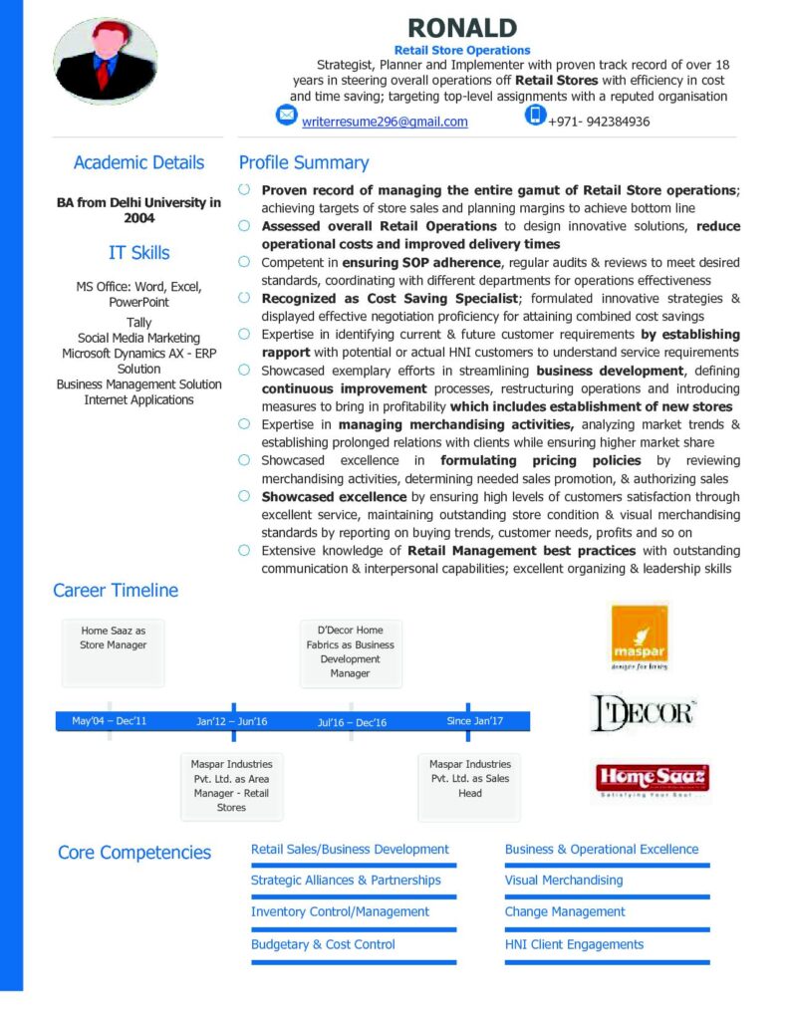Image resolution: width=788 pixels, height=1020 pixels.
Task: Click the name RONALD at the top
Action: click(x=461, y=27)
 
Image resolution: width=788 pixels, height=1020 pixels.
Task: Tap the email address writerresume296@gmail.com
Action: click(x=385, y=122)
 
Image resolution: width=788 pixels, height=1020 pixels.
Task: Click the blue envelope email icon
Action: click(x=287, y=116)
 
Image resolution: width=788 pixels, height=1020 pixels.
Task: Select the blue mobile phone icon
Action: click(x=536, y=116)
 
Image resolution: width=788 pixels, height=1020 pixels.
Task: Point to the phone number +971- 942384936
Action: click(x=599, y=122)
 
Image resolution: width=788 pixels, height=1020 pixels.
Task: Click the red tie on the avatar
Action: click(x=103, y=73)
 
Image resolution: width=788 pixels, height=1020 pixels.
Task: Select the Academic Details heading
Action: click(x=138, y=162)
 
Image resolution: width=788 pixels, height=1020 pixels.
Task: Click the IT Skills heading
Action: click(x=138, y=252)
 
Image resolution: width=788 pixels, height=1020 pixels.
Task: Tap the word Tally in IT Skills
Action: click(x=138, y=323)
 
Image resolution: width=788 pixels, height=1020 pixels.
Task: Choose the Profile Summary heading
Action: click(x=304, y=162)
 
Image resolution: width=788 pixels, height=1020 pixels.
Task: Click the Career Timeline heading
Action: click(x=116, y=590)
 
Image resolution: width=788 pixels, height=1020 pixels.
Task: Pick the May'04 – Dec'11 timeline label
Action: click(x=110, y=721)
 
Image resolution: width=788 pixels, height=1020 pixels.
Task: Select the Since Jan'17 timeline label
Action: click(x=475, y=721)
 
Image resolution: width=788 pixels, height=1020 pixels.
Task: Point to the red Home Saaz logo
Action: click(x=652, y=780)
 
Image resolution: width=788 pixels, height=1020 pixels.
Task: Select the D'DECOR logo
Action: click(x=643, y=713)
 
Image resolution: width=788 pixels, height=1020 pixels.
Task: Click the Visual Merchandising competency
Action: click(x=564, y=881)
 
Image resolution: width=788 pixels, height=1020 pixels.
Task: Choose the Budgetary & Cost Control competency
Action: click(x=323, y=944)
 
